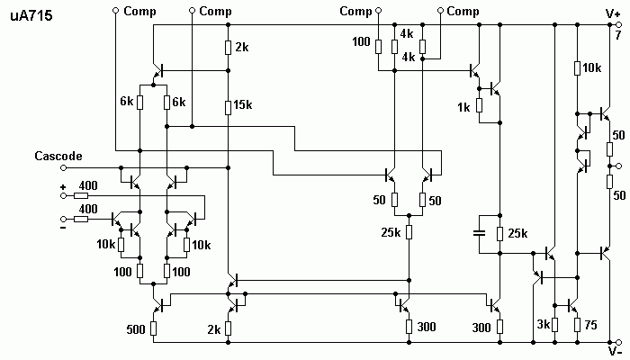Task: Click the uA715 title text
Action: [31, 15]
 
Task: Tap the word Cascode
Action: [58, 156]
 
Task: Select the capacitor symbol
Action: [479, 232]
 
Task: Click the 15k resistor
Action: [228, 107]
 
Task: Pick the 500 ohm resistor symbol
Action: [153, 328]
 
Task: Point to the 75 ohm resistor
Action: [578, 325]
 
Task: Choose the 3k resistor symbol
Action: [554, 325]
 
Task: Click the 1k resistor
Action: [479, 105]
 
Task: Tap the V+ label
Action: [613, 14]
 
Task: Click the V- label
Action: [615, 352]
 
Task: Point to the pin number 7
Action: [618, 35]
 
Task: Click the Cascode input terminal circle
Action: [63, 167]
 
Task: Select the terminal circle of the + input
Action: [63, 195]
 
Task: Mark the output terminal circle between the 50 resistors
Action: [619, 166]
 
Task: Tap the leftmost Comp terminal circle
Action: [115, 11]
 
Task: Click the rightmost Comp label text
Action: [463, 11]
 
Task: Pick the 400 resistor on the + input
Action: [81, 195]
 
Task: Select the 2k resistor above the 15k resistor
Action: [228, 48]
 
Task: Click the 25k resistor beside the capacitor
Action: [499, 233]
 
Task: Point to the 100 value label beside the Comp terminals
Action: [361, 41]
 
